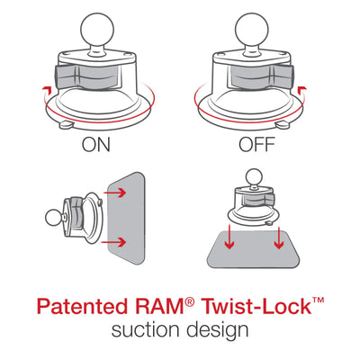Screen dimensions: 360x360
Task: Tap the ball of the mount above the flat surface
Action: (256, 175)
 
